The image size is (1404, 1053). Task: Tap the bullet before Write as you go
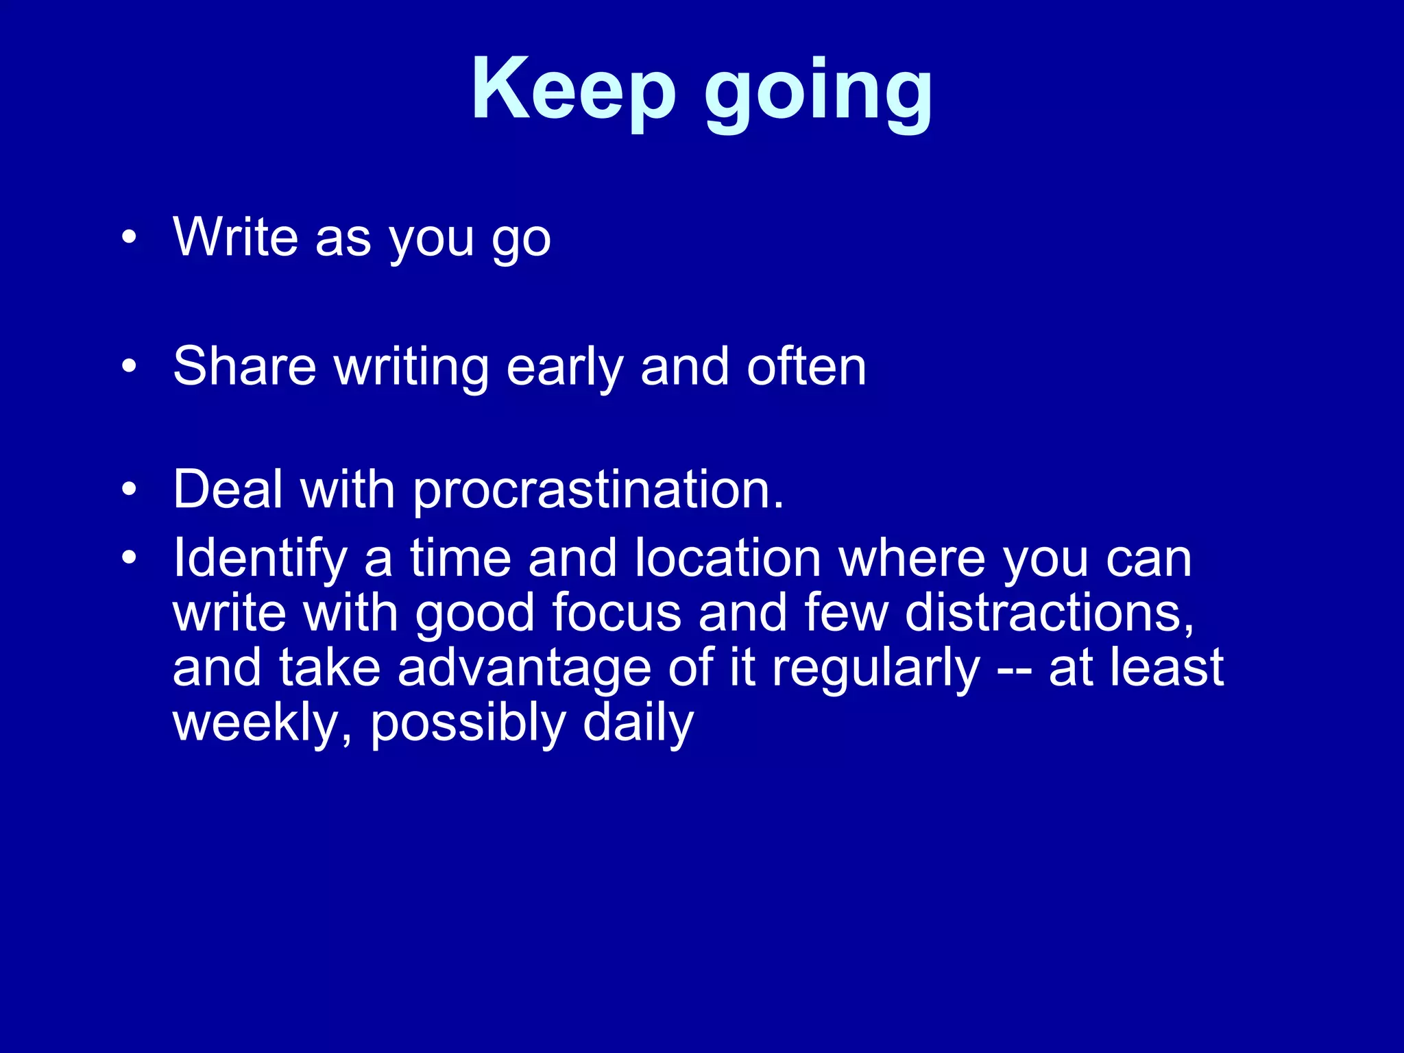(x=129, y=237)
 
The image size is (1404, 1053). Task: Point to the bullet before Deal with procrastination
(x=129, y=489)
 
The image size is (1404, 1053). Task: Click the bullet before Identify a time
(x=129, y=557)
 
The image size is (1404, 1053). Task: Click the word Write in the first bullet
(x=235, y=237)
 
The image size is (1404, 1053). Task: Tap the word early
(x=564, y=367)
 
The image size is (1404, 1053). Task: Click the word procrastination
(x=598, y=491)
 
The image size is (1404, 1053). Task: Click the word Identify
(x=260, y=559)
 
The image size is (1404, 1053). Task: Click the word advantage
(x=524, y=668)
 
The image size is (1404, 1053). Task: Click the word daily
(x=638, y=723)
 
